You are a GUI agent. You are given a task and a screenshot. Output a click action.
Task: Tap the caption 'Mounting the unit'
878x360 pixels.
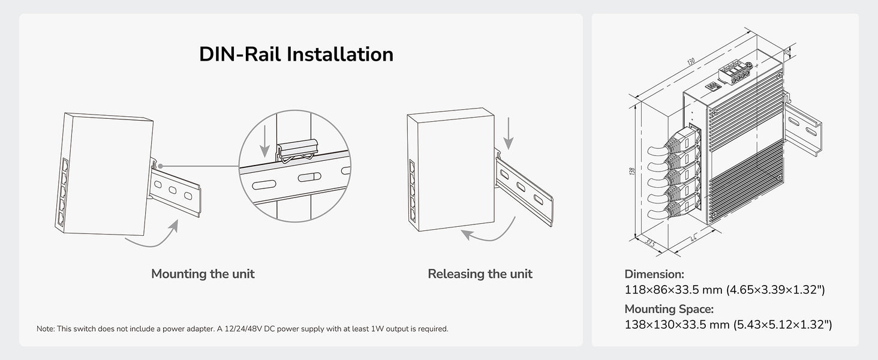click(x=203, y=274)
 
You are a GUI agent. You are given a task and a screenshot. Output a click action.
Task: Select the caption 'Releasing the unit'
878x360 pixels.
click(x=480, y=274)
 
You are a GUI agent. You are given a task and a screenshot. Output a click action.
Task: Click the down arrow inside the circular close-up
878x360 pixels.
click(x=265, y=141)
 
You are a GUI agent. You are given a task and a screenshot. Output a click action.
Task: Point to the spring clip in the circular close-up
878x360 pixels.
click(x=297, y=151)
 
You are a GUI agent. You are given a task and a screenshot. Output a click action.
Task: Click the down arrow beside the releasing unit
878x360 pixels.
click(x=509, y=133)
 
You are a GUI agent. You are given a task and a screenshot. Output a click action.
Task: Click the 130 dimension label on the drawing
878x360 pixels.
click(x=691, y=62)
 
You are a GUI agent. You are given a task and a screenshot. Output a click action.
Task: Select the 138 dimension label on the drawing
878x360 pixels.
click(x=632, y=172)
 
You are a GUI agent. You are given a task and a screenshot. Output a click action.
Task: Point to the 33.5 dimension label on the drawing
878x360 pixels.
click(x=650, y=243)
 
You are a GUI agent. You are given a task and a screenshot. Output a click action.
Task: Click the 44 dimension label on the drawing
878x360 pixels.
click(x=693, y=238)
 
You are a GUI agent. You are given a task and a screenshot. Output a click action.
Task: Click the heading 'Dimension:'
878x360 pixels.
click(x=654, y=274)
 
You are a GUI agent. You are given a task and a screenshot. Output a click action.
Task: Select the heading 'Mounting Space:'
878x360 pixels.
click(x=669, y=309)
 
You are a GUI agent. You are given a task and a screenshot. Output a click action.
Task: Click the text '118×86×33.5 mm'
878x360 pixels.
click(x=673, y=290)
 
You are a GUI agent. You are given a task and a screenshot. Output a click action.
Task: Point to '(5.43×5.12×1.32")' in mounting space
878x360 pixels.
click(x=783, y=325)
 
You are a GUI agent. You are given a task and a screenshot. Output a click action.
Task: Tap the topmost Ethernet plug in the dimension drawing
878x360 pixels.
click(x=684, y=140)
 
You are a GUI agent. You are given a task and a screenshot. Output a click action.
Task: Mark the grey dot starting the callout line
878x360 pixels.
click(x=160, y=166)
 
